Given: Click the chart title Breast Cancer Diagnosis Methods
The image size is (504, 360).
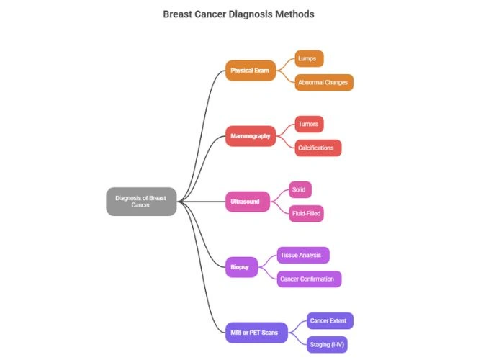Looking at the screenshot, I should (x=238, y=14).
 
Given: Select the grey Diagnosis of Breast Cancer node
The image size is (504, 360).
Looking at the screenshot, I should (x=141, y=201).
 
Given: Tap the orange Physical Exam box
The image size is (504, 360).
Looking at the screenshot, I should (x=250, y=71).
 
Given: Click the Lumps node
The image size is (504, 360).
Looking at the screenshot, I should (x=310, y=58).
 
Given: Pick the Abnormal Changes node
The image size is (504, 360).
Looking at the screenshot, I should (x=324, y=82).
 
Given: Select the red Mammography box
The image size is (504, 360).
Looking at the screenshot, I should (x=250, y=136).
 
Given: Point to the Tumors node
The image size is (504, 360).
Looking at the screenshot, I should (x=309, y=124).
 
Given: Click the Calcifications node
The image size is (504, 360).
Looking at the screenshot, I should (x=318, y=148).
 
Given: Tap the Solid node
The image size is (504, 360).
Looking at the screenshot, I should (x=300, y=189).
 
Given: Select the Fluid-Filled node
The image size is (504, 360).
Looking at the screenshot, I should (x=305, y=213).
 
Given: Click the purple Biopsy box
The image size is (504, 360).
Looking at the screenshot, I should (x=240, y=267).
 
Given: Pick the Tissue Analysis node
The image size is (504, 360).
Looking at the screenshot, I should (x=303, y=255).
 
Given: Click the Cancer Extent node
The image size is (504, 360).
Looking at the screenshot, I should (x=330, y=320).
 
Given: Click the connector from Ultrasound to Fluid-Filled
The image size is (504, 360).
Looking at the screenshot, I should (x=279, y=209).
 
